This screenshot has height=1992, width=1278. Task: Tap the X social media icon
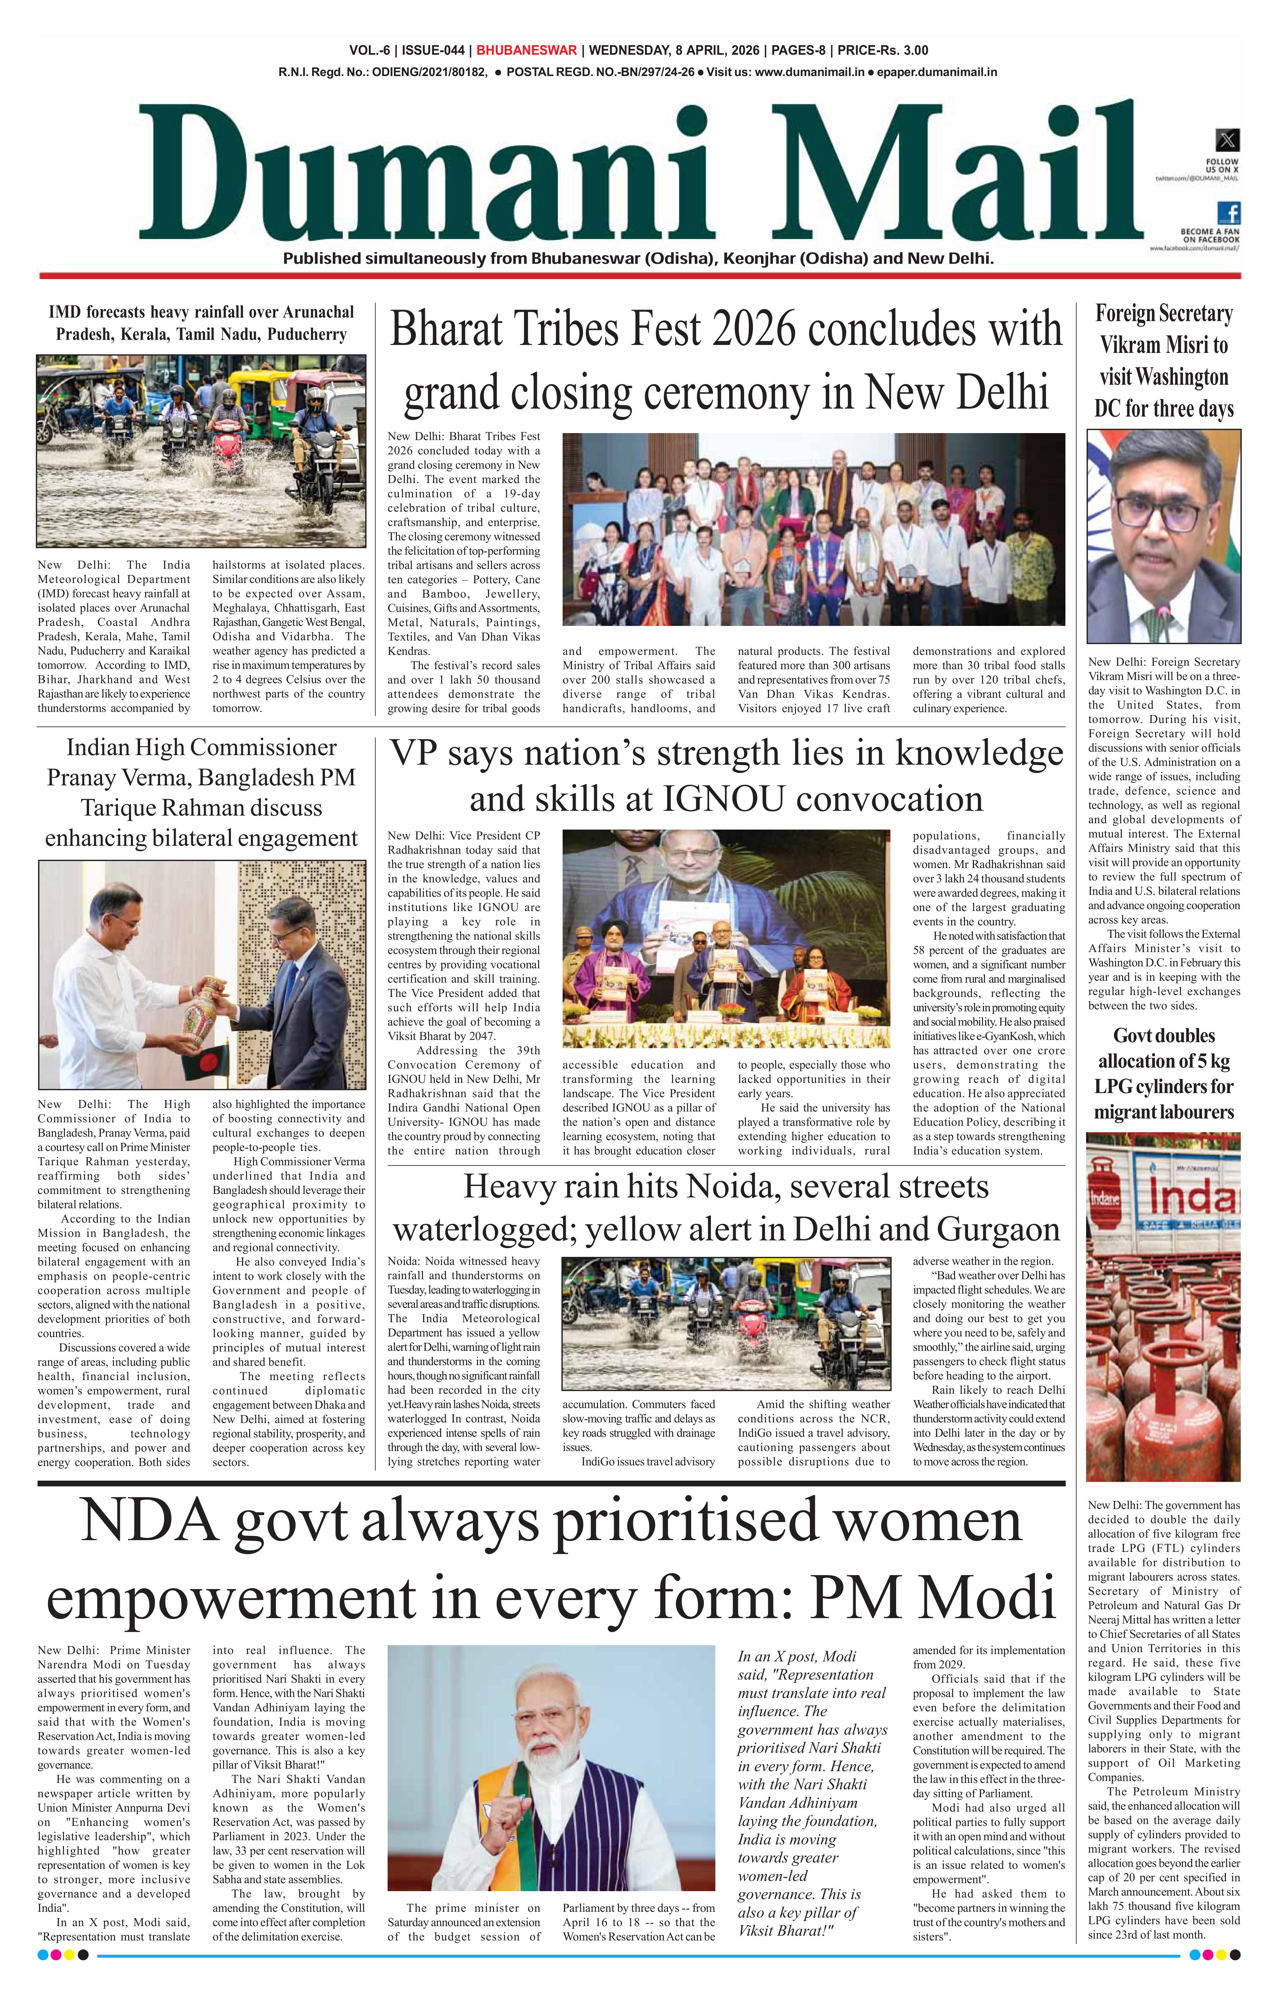coord(1226,139)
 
